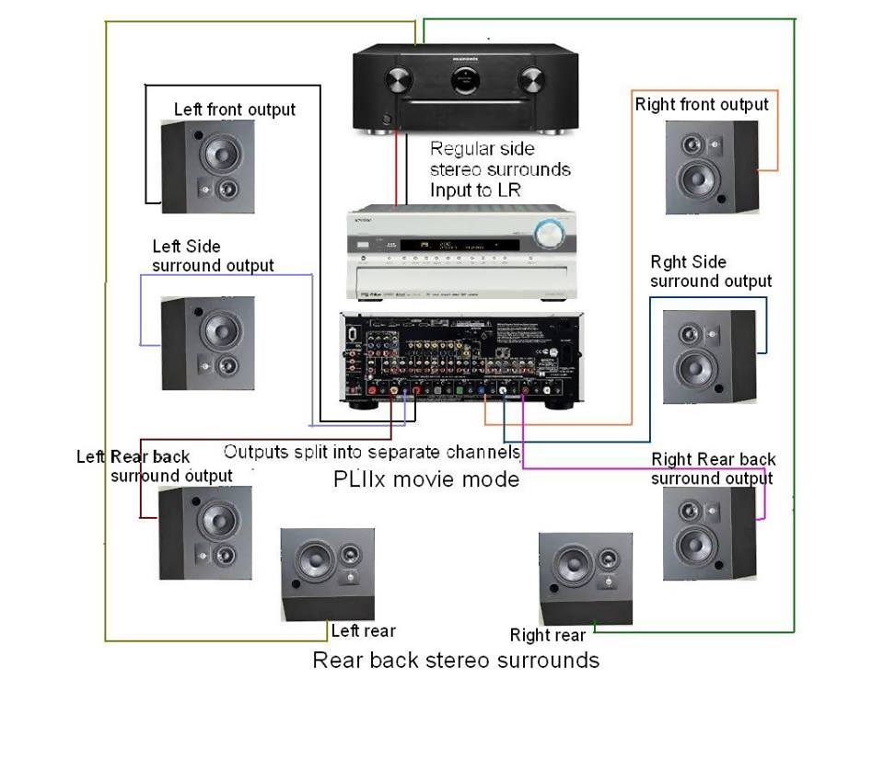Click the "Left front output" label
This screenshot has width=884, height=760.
235,109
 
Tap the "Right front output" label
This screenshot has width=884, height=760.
702,105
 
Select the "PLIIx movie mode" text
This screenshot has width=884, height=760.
426,479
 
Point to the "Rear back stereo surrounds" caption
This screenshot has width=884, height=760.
456,660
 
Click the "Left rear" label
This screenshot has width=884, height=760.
363,631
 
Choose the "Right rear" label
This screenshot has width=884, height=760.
548,635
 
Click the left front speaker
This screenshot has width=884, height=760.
208,167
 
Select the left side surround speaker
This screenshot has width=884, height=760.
208,342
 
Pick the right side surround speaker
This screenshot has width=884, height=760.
709,356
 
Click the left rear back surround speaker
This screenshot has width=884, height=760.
205,534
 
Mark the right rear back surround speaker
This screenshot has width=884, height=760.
709,534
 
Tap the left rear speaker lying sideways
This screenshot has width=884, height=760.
328,575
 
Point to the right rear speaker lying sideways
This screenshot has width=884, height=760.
586,579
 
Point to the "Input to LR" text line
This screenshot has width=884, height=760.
475,190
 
